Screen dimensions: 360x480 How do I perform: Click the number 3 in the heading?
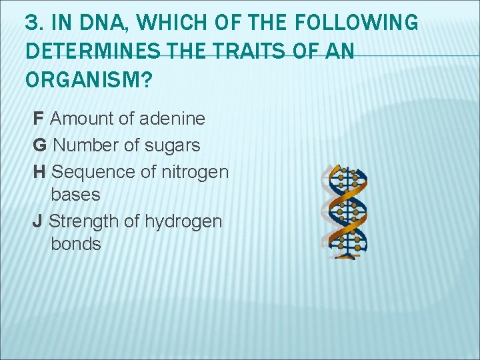click(x=31, y=23)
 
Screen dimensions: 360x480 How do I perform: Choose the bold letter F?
click(x=38, y=119)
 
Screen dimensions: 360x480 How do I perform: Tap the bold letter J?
click(x=37, y=221)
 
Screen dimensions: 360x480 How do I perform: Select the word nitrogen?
click(x=195, y=171)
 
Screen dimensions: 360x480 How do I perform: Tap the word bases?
click(x=75, y=195)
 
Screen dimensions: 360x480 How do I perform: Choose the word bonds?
click(x=76, y=244)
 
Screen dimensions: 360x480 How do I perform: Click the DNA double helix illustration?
click(x=344, y=211)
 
